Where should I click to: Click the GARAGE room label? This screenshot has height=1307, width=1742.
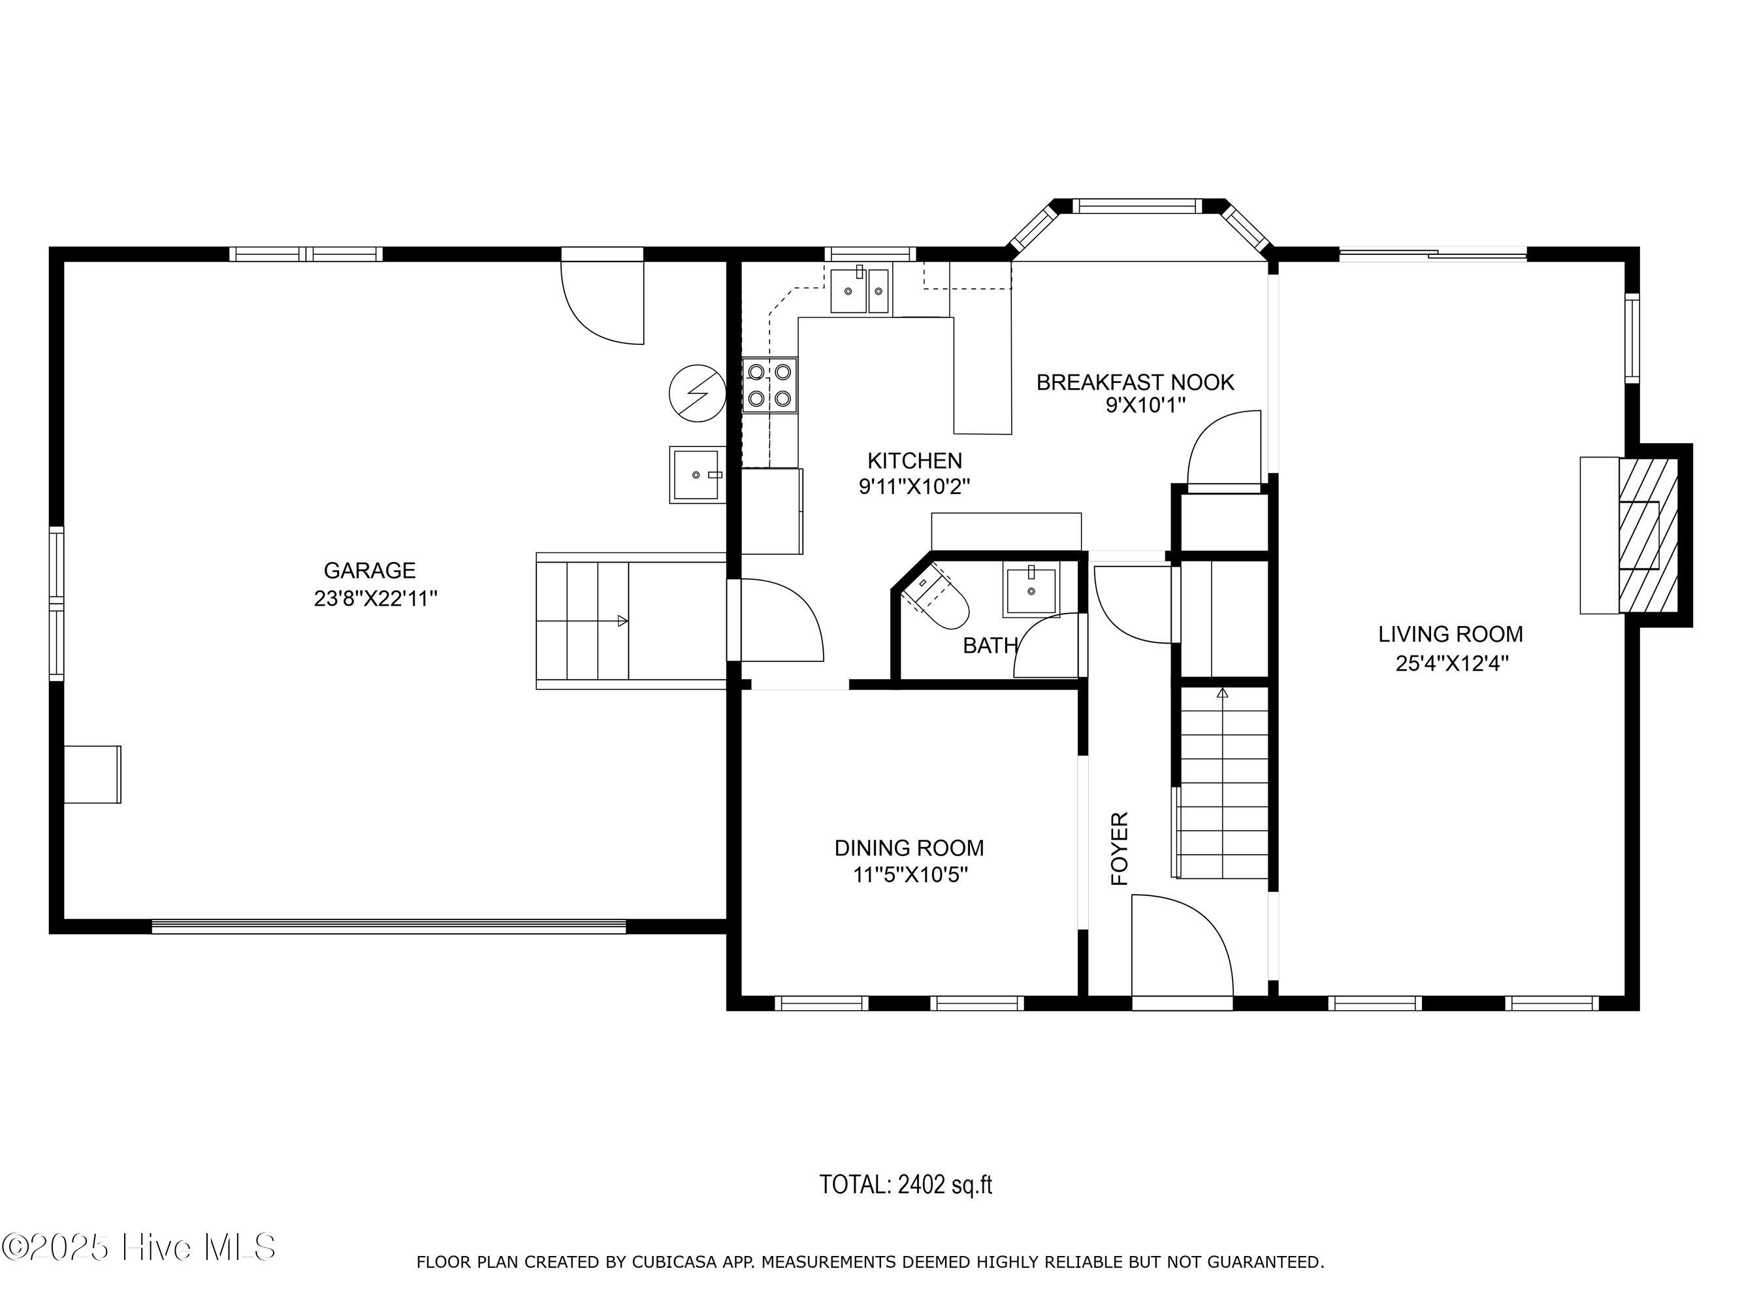click(x=369, y=570)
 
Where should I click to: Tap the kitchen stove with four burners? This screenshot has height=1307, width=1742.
click(x=769, y=386)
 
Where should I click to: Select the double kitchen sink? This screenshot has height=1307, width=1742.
click(x=860, y=290)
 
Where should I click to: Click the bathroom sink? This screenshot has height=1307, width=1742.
click(x=1031, y=589)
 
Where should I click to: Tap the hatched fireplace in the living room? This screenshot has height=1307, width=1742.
click(x=1649, y=535)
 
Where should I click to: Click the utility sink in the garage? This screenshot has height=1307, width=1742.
click(x=696, y=474)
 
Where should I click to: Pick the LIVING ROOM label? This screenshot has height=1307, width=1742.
click(x=1451, y=634)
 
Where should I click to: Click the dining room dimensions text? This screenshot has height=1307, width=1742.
click(x=910, y=874)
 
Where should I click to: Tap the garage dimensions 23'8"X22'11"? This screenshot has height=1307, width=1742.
click(x=376, y=599)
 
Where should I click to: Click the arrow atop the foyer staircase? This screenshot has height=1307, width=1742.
click(x=1222, y=693)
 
